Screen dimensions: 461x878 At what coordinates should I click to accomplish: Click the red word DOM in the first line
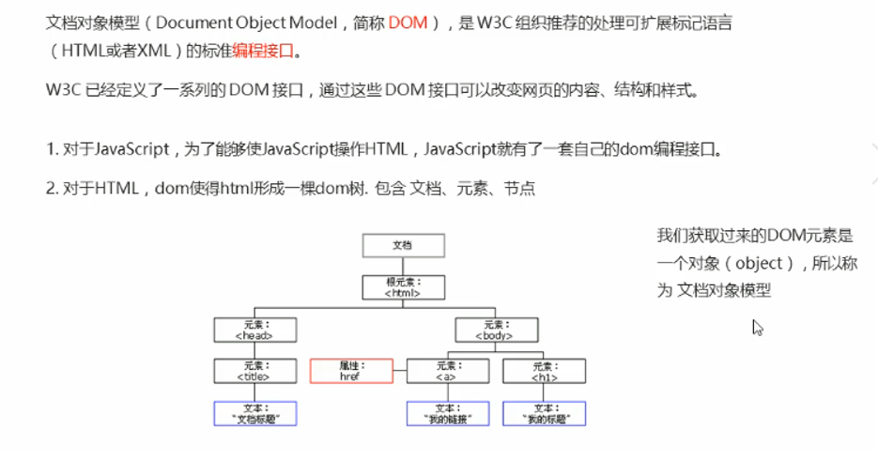(408, 23)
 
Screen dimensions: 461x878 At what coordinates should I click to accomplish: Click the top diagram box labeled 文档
(403, 245)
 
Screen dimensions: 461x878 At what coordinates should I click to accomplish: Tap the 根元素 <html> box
(403, 286)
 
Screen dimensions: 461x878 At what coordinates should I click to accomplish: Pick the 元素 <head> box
(254, 329)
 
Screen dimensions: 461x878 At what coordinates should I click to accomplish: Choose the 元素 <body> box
(494, 329)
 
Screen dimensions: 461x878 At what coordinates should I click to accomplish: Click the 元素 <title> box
(254, 371)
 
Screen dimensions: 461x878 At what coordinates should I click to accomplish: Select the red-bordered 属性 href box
(350, 371)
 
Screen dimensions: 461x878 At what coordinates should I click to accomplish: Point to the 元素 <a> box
(445, 371)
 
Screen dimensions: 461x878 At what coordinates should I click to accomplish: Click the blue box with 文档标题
(254, 413)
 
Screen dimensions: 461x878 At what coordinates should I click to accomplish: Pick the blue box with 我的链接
(445, 413)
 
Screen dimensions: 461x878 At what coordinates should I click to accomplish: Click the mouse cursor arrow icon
(758, 328)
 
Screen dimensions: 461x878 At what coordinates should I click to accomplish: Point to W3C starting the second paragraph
(62, 91)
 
